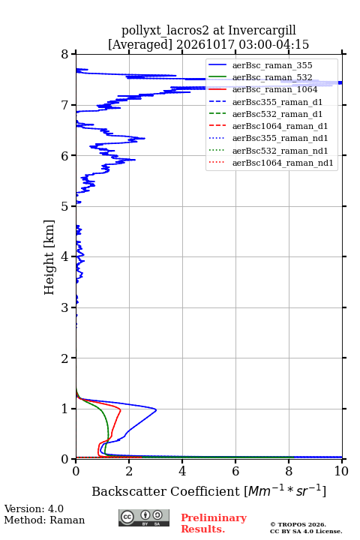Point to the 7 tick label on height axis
point(64,105)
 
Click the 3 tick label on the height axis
point(64,307)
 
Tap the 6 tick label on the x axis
point(235,471)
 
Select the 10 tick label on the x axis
point(341,471)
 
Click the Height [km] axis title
point(49,257)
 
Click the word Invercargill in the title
point(262,31)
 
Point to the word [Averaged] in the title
point(139,45)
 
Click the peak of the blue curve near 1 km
point(156,409)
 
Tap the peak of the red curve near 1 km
point(120,410)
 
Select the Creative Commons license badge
point(144,517)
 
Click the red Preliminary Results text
point(214,523)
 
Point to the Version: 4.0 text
point(34,508)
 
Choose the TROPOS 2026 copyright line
point(298,524)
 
